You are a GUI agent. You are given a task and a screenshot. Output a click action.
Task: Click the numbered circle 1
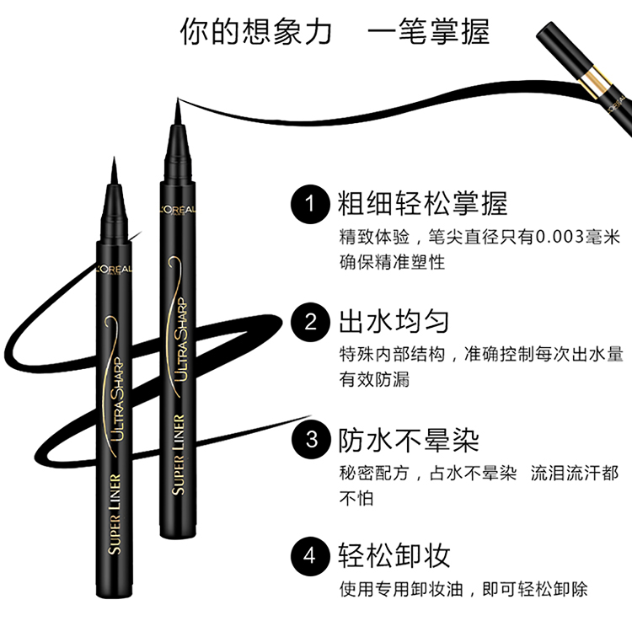coord(310,204)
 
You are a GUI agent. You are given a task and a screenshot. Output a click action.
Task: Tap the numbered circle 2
coord(310,322)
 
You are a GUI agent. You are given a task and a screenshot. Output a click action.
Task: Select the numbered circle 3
coord(310,439)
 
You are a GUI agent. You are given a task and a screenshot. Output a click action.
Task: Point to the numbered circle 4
coord(310,556)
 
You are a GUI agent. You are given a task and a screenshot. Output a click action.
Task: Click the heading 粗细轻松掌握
coord(423,203)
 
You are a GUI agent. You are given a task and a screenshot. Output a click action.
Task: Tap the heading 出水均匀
coord(394,321)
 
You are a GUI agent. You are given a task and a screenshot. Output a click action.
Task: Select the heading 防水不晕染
coord(409,440)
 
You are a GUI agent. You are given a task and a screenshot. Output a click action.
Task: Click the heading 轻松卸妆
coord(394,555)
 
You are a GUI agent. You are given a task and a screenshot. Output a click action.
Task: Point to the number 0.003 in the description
coord(560,237)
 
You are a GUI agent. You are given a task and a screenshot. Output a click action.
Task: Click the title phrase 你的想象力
coord(256,31)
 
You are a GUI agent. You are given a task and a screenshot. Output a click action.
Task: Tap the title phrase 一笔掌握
coord(429,31)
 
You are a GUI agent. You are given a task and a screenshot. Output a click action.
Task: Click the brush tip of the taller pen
coord(178,99)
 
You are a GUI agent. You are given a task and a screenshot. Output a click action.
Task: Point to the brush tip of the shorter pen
coord(114,158)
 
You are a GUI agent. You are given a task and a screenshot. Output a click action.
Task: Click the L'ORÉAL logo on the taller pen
coord(178,210)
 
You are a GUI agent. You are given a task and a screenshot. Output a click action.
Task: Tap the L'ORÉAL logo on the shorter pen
coord(114,270)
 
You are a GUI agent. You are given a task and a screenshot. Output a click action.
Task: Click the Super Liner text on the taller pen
coord(179,455)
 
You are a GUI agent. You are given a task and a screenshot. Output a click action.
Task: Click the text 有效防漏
coord(374,379)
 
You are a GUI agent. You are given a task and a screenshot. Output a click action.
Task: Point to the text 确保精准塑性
coord(393,262)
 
